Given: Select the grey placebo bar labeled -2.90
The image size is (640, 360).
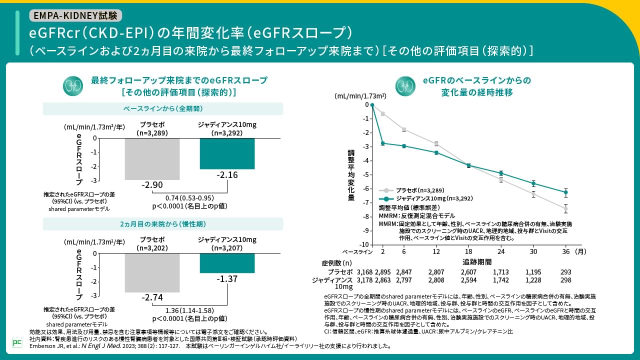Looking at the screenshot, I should tap(152, 158).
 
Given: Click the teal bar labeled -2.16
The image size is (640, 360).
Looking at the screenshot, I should tap(227, 153).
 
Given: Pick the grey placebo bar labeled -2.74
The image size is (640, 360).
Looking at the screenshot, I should tap(152, 272).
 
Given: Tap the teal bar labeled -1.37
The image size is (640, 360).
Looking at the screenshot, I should tap(227, 263).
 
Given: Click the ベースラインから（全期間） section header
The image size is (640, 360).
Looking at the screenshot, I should tap(163, 108).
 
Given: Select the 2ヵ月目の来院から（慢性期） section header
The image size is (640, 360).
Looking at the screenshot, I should tap(163, 223).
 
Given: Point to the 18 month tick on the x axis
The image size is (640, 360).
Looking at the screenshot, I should tap(468, 251).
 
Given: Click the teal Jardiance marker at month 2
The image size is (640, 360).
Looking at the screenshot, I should tap(383, 143).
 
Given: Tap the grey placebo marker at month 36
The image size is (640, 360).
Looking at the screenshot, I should tap(565, 208).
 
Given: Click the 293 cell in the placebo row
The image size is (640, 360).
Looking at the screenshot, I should tap(565, 272).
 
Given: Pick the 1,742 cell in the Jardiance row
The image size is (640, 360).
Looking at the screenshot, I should tap(500, 280).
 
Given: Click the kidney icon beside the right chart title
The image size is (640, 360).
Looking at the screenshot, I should tap(405, 85).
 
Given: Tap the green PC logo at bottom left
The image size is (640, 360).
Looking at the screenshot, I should tap(17, 342).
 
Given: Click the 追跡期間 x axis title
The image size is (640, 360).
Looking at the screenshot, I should tap(476, 261).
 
